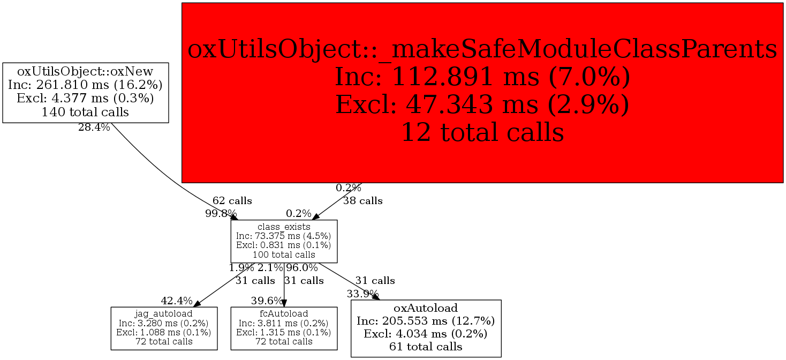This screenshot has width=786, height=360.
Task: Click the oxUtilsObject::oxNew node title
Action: point(86,71)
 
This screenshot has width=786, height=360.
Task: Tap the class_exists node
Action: point(284,241)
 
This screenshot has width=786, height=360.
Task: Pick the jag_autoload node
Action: point(164,328)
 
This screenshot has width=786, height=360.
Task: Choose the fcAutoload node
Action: point(284,328)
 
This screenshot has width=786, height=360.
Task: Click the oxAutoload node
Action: point(426,328)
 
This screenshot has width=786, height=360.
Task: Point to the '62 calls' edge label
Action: point(232,201)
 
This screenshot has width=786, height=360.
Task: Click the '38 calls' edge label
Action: point(362,201)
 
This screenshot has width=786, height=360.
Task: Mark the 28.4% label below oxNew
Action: point(94,127)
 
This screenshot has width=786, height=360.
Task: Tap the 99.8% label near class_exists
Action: point(221,213)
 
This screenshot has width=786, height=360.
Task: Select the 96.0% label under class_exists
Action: point(302,267)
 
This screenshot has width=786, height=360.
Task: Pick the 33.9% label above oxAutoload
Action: point(362,294)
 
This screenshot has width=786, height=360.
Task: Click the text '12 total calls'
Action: point(482,132)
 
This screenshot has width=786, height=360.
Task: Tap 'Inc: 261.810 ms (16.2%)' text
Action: point(86,85)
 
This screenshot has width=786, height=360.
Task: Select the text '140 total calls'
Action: point(86,112)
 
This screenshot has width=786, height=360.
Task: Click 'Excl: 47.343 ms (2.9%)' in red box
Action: point(482,104)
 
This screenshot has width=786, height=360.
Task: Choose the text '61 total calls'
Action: point(426,347)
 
